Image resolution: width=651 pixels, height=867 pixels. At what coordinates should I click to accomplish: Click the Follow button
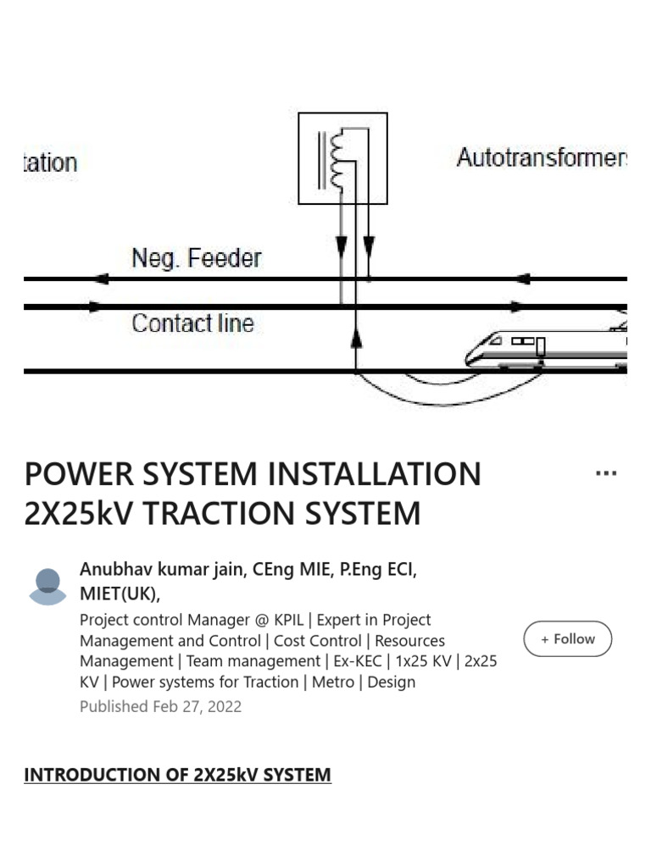[x=568, y=639]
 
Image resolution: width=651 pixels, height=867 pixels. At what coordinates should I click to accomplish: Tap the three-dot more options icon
[x=606, y=473]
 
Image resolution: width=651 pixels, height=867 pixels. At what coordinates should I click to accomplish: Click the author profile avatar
[x=47, y=587]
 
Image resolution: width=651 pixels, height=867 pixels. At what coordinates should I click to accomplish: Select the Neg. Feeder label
[x=197, y=257]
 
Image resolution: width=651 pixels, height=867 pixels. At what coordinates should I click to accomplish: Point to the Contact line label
[x=192, y=323]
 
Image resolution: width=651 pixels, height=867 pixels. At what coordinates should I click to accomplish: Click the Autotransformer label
[x=541, y=157]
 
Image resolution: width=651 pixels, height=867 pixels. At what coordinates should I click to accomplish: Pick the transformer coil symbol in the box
[x=340, y=159]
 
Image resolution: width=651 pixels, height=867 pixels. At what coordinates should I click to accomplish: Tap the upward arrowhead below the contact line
[x=356, y=338]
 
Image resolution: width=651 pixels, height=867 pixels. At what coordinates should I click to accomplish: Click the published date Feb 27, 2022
[x=197, y=706]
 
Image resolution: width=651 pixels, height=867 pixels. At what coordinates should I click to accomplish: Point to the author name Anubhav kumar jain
[x=161, y=569]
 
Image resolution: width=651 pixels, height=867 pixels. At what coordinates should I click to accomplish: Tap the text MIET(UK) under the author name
[x=120, y=593]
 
